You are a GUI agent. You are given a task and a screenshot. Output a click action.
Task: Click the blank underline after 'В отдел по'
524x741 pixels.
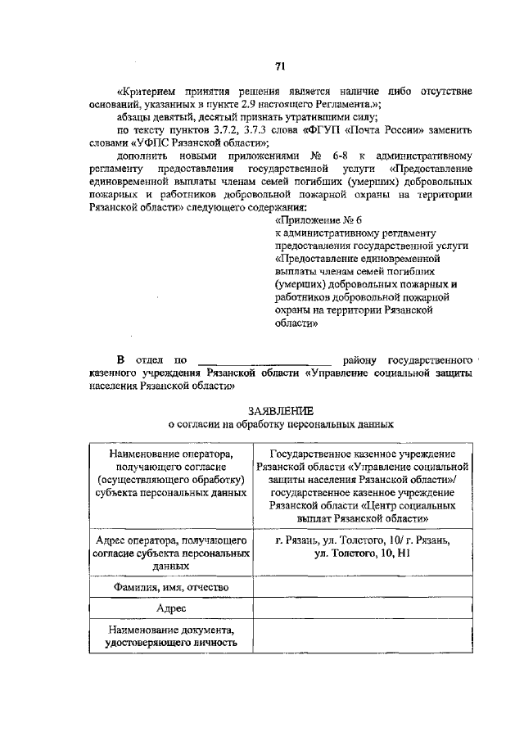(265, 359)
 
